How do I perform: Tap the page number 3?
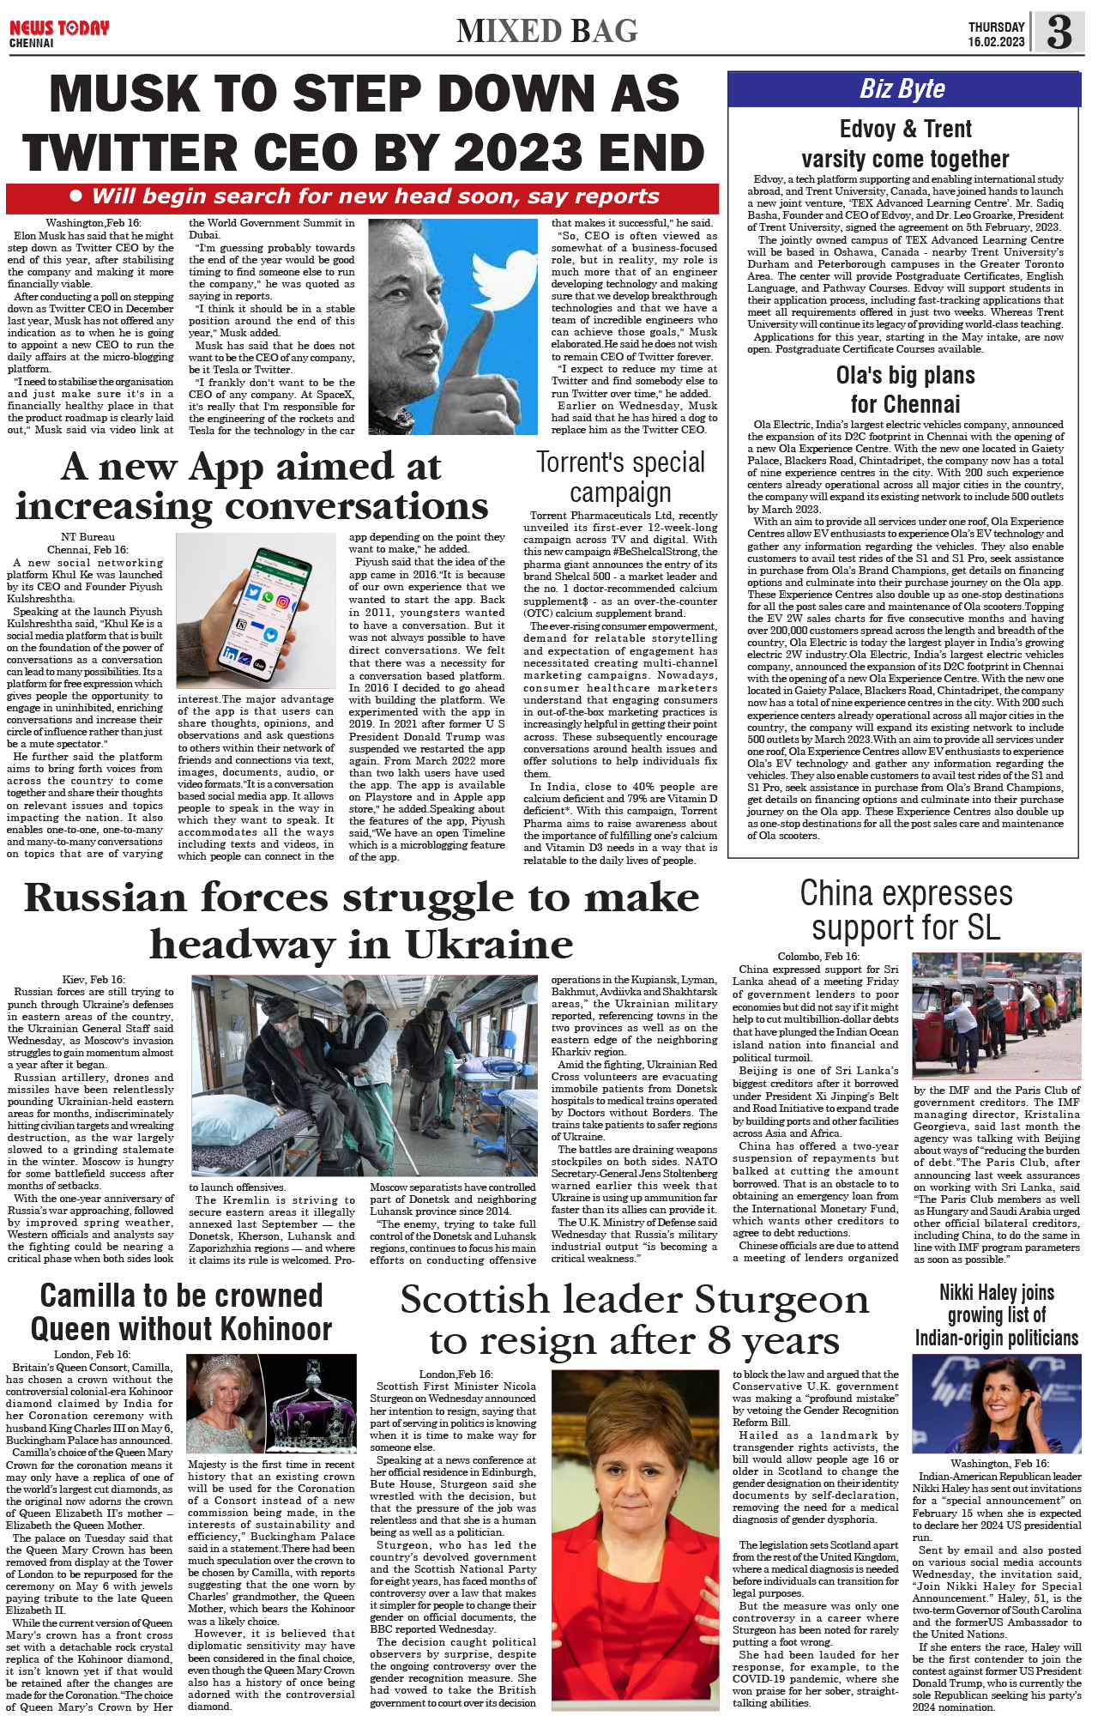point(1059,33)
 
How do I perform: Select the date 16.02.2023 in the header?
point(996,42)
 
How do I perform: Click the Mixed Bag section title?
point(547,32)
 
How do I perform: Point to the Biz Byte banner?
point(902,89)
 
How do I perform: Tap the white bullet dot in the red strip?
point(75,196)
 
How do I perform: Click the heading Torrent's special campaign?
point(620,477)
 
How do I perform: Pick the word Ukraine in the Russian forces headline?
point(489,945)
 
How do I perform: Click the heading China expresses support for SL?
point(906,909)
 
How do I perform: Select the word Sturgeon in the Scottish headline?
point(781,1300)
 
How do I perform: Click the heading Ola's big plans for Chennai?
point(905,390)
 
